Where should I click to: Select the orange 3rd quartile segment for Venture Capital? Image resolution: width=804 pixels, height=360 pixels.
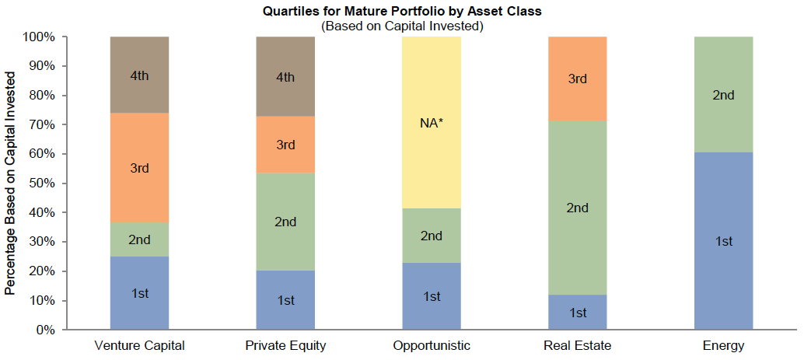click(139, 168)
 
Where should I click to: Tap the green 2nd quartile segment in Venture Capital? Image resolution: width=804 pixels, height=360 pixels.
click(139, 239)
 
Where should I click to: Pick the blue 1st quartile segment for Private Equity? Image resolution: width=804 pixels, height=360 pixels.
click(285, 300)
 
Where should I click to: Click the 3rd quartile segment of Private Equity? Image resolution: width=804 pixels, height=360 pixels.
click(285, 145)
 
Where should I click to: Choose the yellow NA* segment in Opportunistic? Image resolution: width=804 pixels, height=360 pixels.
click(432, 122)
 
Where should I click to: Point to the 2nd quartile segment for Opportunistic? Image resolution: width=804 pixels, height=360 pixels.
click(432, 236)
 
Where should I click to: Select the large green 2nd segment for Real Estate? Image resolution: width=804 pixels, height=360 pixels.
click(578, 208)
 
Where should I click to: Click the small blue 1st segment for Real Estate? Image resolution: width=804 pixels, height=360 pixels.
click(578, 313)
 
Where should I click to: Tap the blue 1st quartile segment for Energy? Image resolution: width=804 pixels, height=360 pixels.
click(724, 241)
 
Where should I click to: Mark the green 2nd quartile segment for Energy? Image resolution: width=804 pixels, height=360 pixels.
click(724, 95)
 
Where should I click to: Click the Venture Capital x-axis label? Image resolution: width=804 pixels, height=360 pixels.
click(139, 345)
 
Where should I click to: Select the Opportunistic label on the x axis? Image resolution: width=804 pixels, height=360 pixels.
click(432, 345)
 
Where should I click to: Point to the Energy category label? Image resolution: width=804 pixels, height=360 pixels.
click(724, 345)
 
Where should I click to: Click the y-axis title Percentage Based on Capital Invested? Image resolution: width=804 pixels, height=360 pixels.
click(10, 183)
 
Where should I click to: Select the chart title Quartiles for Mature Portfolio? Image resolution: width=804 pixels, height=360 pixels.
click(403, 11)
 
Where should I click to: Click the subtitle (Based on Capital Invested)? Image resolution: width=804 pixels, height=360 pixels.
click(403, 26)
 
